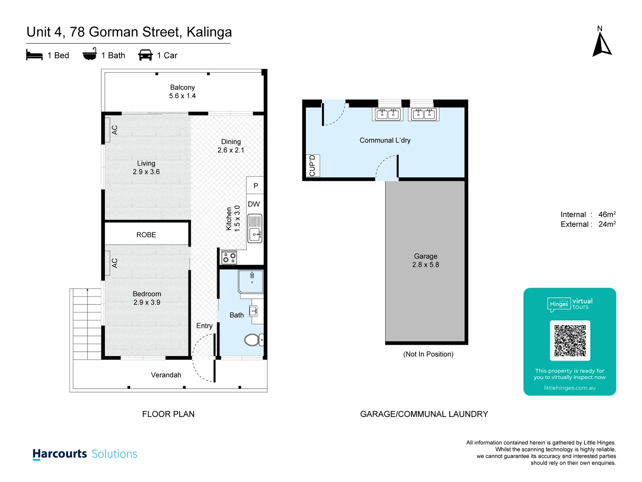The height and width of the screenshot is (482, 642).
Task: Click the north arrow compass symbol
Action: pyautogui.click(x=601, y=44)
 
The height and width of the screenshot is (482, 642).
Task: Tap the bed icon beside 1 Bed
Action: pyautogui.click(x=34, y=55)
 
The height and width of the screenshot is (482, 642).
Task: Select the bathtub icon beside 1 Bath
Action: pyautogui.click(x=90, y=54)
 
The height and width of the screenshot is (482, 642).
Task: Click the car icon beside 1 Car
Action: pyautogui.click(x=145, y=55)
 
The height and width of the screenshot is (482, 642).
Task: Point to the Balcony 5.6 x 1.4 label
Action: pyautogui.click(x=182, y=91)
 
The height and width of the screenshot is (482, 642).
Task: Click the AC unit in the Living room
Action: pyautogui.click(x=107, y=130)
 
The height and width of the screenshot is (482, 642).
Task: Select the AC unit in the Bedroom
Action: pyautogui.click(x=107, y=263)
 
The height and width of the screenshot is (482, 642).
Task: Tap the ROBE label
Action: pyautogui.click(x=146, y=235)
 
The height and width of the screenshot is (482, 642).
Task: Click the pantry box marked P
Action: pyautogui.click(x=255, y=186)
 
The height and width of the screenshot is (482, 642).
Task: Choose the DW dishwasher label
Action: pyautogui.click(x=254, y=204)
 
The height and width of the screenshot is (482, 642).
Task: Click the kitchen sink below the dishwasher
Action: pyautogui.click(x=255, y=229)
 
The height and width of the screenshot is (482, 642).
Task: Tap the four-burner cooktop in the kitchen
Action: pyautogui.click(x=229, y=258)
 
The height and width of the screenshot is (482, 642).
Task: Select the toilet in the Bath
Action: pyautogui.click(x=253, y=340)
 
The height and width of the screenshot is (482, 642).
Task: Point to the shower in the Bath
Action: pyautogui.click(x=251, y=282)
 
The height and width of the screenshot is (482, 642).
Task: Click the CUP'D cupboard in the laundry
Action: pyautogui.click(x=312, y=166)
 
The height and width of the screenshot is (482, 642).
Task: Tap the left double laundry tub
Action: pyautogui.click(x=387, y=114)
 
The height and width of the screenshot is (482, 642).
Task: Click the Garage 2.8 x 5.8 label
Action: pyautogui.click(x=425, y=260)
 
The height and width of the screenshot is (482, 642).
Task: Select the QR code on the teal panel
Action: pyautogui.click(x=570, y=340)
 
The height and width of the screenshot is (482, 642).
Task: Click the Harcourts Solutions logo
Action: pyautogui.click(x=85, y=454)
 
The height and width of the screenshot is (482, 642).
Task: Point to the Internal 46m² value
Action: pyautogui.click(x=606, y=215)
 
